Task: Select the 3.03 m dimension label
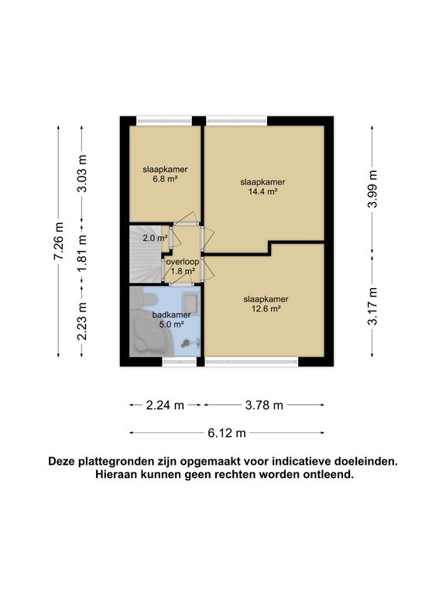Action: (84, 178)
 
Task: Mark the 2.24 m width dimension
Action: (165, 404)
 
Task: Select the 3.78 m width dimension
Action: (264, 404)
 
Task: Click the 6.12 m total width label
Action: (227, 432)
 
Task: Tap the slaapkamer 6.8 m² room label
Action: (165, 174)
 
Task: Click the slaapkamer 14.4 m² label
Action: (262, 187)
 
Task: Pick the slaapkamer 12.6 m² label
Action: (266, 303)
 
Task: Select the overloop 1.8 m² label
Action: (182, 267)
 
